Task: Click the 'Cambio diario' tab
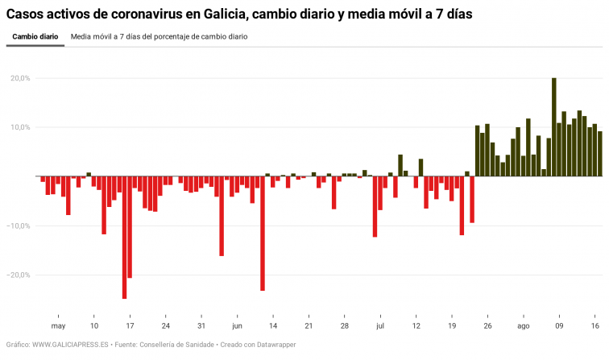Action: click(35, 37)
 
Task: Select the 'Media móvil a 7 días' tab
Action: click(159, 37)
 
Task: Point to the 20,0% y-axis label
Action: click(20, 78)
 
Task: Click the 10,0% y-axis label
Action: click(20, 127)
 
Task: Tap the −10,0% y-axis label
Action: click(19, 226)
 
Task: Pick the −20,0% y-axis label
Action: click(19, 275)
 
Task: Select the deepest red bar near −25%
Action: click(124, 237)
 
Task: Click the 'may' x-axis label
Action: click(58, 326)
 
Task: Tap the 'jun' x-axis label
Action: click(237, 326)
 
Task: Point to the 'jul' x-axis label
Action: click(379, 326)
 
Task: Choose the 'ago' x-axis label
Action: click(523, 326)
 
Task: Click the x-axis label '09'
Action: click(559, 326)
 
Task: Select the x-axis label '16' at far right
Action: click(594, 326)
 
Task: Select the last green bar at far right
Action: click(599, 154)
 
